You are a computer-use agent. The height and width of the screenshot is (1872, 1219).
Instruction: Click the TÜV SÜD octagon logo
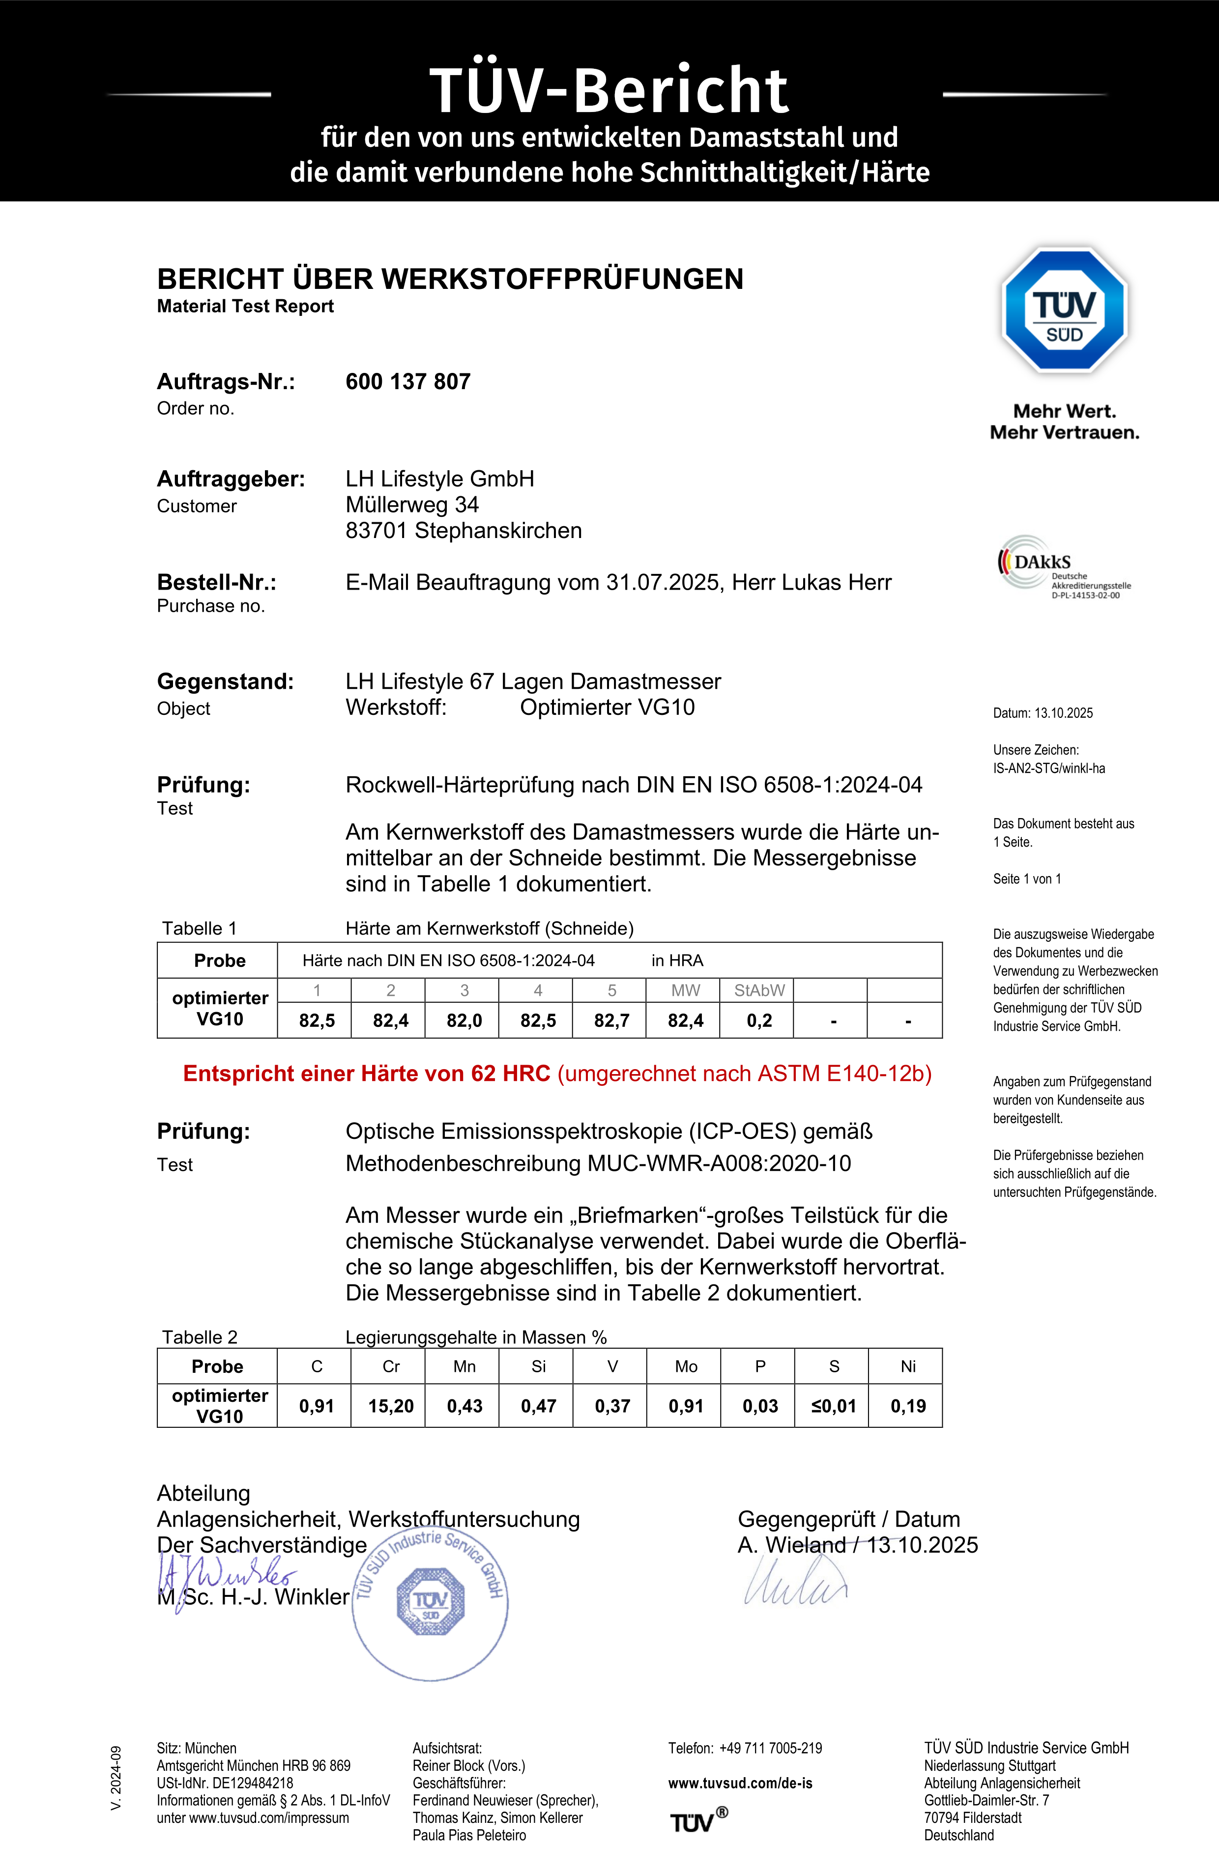click(1064, 310)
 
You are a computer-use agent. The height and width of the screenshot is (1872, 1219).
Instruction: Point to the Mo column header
click(685, 1366)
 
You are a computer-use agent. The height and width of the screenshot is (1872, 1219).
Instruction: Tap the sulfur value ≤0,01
click(833, 1406)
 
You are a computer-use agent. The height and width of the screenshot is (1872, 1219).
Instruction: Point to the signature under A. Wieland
click(795, 1581)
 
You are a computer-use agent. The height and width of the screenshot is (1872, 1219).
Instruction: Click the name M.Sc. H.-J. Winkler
click(254, 1597)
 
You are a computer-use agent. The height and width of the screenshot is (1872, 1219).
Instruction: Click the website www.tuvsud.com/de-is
click(740, 1783)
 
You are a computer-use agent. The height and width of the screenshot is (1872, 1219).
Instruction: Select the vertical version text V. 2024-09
click(116, 1778)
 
